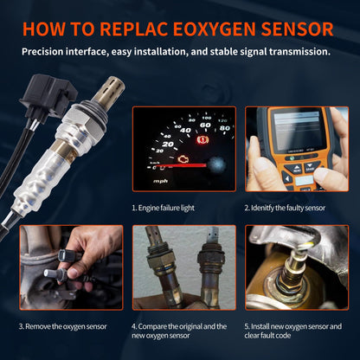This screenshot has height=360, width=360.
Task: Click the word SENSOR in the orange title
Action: point(292,29)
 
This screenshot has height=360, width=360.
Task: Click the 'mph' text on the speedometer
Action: point(161,183)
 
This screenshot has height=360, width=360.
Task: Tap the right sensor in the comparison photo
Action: point(208,268)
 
